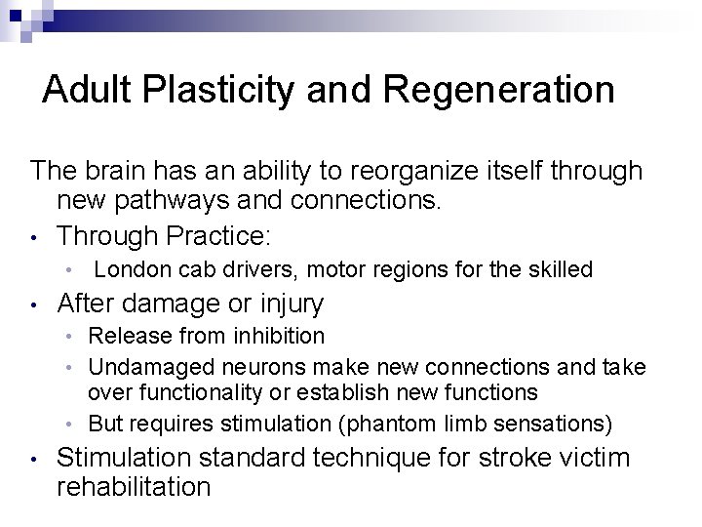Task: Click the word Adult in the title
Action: [81, 90]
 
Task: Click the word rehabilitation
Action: [134, 486]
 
